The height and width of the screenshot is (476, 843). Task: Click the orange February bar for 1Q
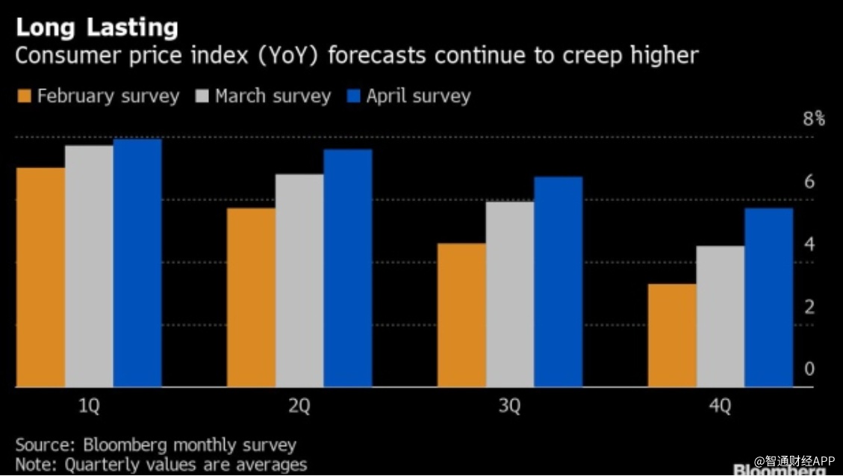tap(40, 277)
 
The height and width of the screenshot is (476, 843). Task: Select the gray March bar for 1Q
tap(89, 266)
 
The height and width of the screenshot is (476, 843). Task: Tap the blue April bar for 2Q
tap(347, 268)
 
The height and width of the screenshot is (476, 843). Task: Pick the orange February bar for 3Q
tap(461, 315)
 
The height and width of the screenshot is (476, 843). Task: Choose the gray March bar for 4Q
tap(720, 316)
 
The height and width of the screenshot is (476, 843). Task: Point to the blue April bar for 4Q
tap(768, 297)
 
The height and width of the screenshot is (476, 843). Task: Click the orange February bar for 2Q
tap(251, 297)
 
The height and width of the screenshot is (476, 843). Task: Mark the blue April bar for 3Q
tap(558, 282)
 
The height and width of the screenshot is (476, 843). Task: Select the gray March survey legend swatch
tap(202, 96)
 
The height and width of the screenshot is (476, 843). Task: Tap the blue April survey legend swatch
tap(353, 96)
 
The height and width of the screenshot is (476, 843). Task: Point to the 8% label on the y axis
tap(813, 119)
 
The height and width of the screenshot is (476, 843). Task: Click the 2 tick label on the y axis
tap(809, 307)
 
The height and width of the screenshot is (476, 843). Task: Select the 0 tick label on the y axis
tap(809, 369)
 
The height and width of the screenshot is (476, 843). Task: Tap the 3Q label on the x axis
tap(510, 407)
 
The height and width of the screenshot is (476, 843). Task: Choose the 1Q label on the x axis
tap(89, 407)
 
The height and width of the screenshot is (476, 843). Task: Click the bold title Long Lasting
tap(97, 28)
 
